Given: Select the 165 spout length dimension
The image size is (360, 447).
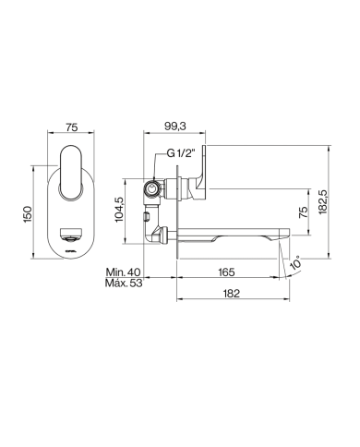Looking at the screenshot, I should [x=224, y=272].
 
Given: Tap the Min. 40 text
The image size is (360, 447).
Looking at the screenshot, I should [x=123, y=272].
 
